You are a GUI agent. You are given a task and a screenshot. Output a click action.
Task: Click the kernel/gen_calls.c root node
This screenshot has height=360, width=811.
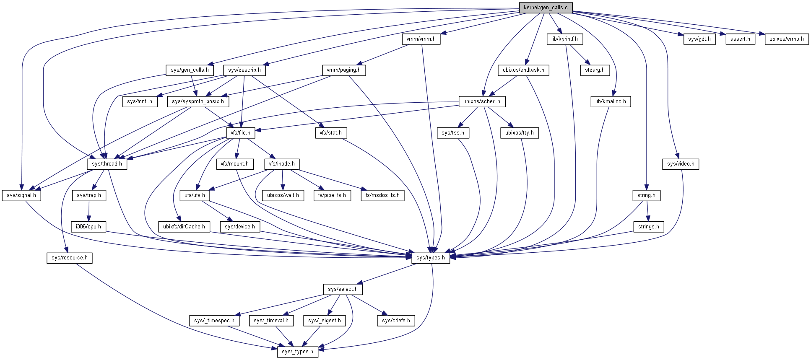pos(545,8)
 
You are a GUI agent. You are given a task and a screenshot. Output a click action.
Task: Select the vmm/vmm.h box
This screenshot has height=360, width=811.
pos(421,39)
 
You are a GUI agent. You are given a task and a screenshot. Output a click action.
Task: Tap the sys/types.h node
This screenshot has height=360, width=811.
pos(431,258)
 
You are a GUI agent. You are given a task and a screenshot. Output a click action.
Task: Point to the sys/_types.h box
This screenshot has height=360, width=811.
pos(297,352)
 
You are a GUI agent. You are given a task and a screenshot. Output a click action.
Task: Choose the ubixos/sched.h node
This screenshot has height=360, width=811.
pos(481,101)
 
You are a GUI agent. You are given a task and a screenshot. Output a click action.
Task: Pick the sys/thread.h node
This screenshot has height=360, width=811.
pos(107,164)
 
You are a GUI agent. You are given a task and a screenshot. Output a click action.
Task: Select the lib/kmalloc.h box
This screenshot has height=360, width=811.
pos(611,101)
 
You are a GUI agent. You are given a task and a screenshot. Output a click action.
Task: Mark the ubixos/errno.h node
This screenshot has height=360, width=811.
pos(786,39)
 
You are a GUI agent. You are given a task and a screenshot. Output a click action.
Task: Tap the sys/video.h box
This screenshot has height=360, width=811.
pos(681,164)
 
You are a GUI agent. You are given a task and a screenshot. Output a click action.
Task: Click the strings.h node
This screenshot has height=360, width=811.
pos(648,227)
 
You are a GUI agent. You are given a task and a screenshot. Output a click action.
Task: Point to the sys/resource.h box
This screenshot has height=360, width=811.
pos(70,258)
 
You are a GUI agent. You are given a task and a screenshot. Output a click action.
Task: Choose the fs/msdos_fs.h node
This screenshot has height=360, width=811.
pos(382,195)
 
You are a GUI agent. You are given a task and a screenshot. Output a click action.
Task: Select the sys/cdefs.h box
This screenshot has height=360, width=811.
pos(396,321)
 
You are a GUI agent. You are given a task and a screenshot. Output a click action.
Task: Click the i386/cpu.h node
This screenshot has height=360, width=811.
pos(88,227)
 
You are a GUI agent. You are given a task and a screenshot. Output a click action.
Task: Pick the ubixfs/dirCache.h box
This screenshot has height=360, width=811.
pos(184,227)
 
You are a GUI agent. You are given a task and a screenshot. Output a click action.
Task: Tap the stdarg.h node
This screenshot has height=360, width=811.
pos(595,70)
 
